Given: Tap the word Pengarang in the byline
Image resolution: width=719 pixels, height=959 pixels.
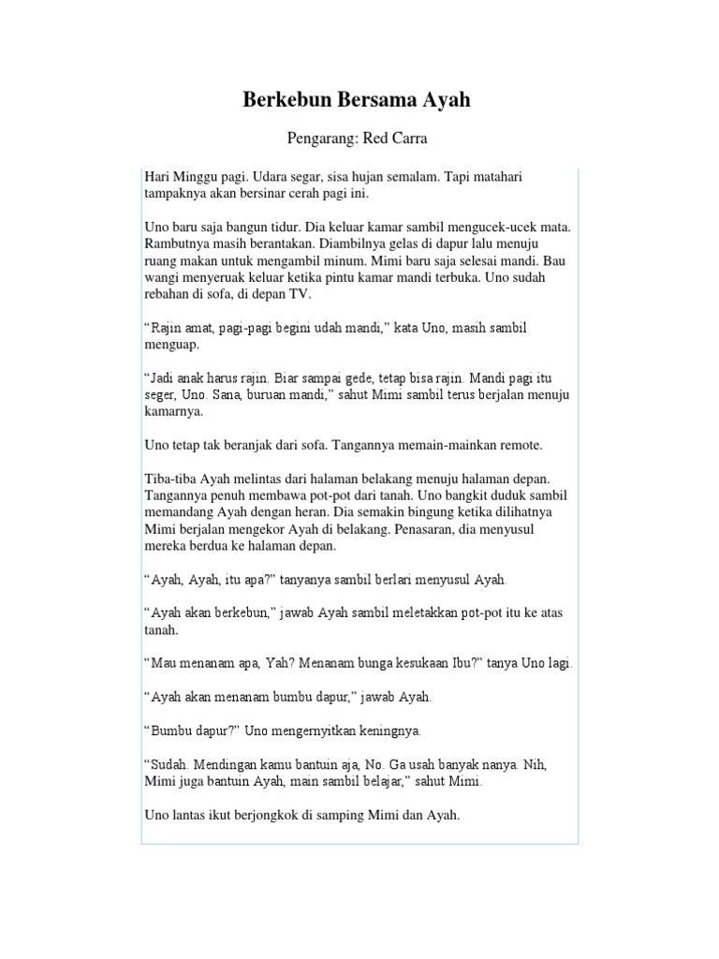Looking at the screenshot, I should click(319, 139).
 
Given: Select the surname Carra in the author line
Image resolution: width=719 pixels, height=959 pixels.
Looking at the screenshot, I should click(408, 139).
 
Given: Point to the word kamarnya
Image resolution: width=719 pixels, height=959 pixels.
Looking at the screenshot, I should click(174, 412).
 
